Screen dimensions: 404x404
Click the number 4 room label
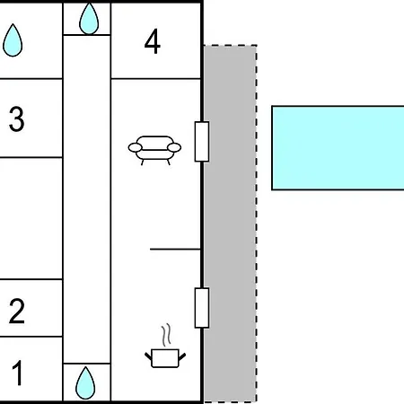coord(153,41)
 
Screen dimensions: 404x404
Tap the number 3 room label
coord(16,119)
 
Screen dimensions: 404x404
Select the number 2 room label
coord(17,311)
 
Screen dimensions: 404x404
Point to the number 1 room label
coord(18,373)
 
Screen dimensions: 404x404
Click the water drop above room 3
coord(13,40)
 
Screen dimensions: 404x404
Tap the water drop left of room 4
coord(89,19)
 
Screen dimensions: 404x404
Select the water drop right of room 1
coord(85,383)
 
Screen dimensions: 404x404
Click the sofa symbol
coord(154,150)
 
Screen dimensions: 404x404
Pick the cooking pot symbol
coord(165,358)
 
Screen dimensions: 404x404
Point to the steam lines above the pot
coord(167,335)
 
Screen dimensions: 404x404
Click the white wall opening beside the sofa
coord(202,142)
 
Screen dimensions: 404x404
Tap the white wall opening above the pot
coord(202,308)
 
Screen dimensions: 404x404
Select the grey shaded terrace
coord(230,224)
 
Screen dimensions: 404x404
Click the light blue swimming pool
coord(338,148)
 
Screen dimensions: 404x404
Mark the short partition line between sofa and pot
coord(175,249)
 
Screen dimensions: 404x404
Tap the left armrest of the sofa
coord(136,147)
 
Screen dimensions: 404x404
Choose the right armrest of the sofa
coord(174,147)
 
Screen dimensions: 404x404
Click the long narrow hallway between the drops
coord(87,199)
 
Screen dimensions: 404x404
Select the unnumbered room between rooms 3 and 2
coord(31,218)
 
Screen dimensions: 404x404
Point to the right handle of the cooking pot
coord(182,356)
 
